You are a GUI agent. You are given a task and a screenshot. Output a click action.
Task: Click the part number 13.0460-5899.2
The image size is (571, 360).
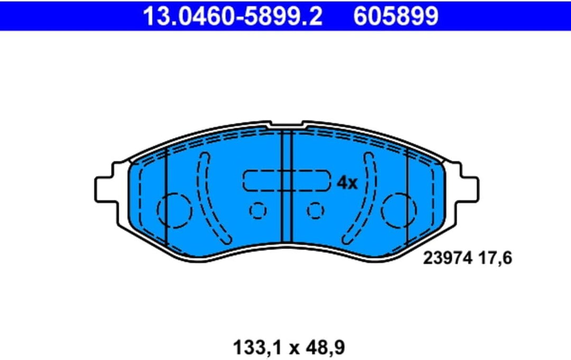point(233,16)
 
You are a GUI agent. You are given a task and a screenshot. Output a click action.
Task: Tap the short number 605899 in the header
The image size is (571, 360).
point(395,16)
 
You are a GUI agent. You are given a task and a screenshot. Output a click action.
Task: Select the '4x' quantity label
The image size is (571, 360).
point(347,183)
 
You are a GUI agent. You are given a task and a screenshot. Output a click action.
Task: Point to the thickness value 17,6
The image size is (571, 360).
point(496,259)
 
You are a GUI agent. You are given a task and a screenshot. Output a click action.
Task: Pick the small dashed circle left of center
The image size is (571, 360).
point(257,211)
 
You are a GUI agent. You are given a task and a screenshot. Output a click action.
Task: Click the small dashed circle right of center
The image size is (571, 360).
point(315,211)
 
